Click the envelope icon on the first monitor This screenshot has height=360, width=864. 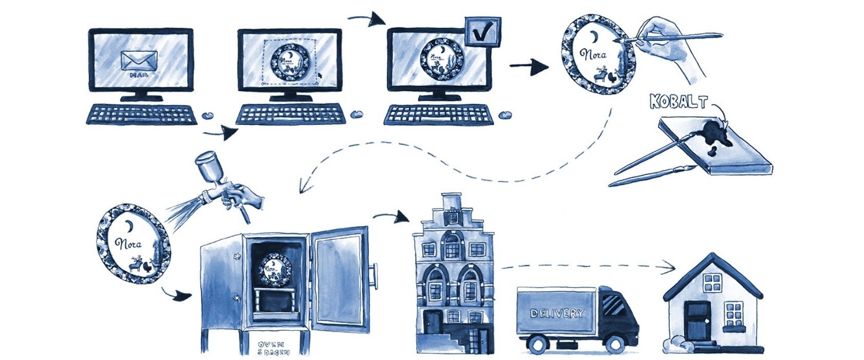pyautogui.click(x=139, y=61)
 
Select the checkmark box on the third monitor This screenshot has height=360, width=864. pyautogui.click(x=482, y=32)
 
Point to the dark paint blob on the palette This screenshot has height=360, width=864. pyautogui.click(x=715, y=132)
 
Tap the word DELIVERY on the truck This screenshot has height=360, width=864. pyautogui.click(x=556, y=313)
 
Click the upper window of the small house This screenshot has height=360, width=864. pyautogui.click(x=712, y=283)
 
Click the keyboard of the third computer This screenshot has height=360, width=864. pyautogui.click(x=438, y=115)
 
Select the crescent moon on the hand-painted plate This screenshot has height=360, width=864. pyautogui.click(x=595, y=37)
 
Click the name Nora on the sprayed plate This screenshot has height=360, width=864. pyautogui.click(x=129, y=244)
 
